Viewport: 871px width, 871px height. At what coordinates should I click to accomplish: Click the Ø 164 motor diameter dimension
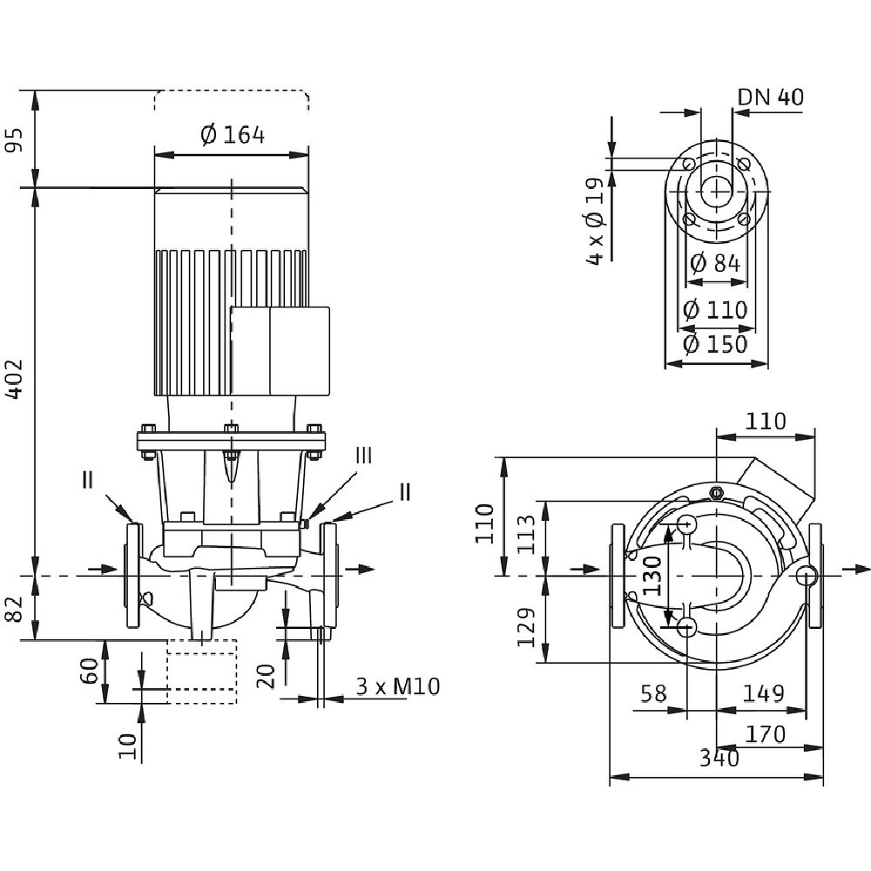coord(232,135)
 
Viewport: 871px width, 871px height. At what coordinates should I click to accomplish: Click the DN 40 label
coord(770,97)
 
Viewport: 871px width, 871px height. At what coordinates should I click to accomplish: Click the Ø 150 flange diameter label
coord(715,343)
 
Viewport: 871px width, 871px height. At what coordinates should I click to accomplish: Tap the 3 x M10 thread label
coord(397,686)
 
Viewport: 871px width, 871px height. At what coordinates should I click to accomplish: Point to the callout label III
coord(364,455)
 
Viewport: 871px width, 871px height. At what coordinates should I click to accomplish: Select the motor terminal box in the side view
coord(280,351)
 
